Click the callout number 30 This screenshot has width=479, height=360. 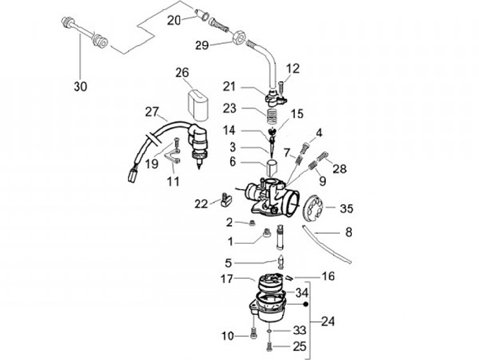click(x=80, y=87)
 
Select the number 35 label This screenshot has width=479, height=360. click(x=347, y=208)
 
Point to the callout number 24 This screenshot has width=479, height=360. click(x=327, y=322)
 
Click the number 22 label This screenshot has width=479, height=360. click(x=201, y=203)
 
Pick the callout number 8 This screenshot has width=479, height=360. click(x=348, y=233)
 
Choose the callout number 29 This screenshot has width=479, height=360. click(x=202, y=45)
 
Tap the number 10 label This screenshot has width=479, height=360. click(x=228, y=337)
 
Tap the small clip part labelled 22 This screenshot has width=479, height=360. click(x=225, y=198)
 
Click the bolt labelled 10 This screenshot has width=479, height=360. click(x=253, y=335)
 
